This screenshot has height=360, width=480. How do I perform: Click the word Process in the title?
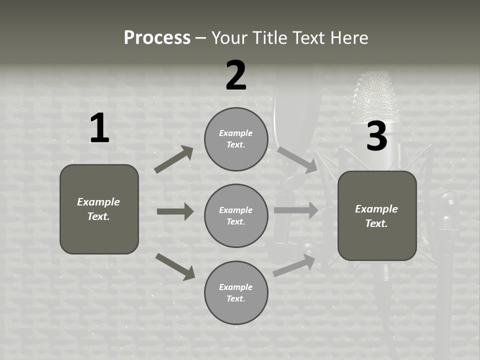tap(157, 37)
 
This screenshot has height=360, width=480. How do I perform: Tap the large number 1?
tap(99, 128)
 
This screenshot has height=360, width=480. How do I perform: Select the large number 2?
tap(236, 75)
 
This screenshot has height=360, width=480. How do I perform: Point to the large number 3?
tap(376, 136)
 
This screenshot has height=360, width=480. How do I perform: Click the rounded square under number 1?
tap(99, 209)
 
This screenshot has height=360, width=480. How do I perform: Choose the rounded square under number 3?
tap(377, 215)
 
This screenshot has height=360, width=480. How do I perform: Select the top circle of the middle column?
tap(236, 139)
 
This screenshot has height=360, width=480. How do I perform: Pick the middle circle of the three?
tap(236, 215)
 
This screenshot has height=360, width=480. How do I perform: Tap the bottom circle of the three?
tap(236, 292)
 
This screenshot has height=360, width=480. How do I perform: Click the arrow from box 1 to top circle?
tap(174, 159)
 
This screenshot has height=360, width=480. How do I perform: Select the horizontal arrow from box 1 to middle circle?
tap(175, 211)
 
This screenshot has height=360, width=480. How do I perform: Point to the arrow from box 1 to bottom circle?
tap(175, 266)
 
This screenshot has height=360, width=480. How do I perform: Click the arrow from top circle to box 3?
tap(297, 159)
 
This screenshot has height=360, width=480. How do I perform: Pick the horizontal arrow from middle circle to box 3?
tap(296, 210)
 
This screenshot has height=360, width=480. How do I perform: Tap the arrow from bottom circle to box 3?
tap(294, 265)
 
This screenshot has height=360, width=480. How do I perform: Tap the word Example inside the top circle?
tap(236, 133)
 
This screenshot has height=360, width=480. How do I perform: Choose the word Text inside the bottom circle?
tap(235, 298)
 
